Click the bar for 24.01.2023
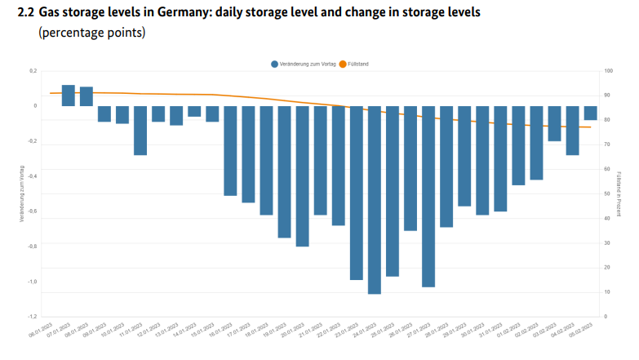[x=375, y=199]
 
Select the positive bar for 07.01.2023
[x=69, y=96]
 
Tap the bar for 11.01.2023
[x=140, y=130]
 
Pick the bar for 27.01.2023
[x=428, y=196]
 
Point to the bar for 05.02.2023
[x=590, y=113]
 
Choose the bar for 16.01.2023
[x=230, y=150]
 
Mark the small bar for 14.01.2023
[x=194, y=111]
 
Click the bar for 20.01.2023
[x=302, y=176]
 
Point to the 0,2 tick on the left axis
[x=33, y=71]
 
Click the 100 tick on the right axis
[x=608, y=71]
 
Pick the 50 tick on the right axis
[x=607, y=193]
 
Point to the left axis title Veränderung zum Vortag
[x=22, y=193]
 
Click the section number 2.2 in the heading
[x=27, y=14]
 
